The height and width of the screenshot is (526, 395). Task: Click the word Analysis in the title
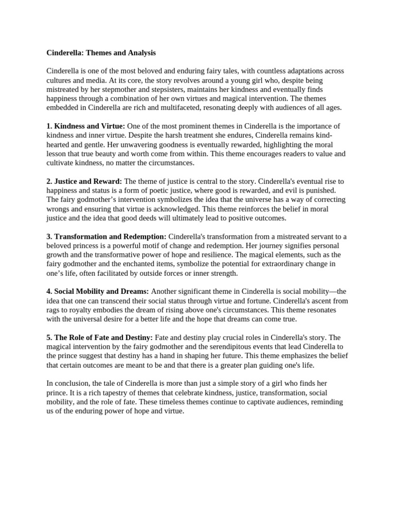tap(141, 53)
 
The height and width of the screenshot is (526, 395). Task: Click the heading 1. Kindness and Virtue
tap(86, 126)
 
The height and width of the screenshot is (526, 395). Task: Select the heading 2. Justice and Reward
tap(84, 181)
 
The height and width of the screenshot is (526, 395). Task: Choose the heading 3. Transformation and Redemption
tap(106, 236)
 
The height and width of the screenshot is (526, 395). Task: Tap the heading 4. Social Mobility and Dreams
tap(98, 291)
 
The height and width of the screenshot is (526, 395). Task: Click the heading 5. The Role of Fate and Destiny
tap(99, 337)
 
